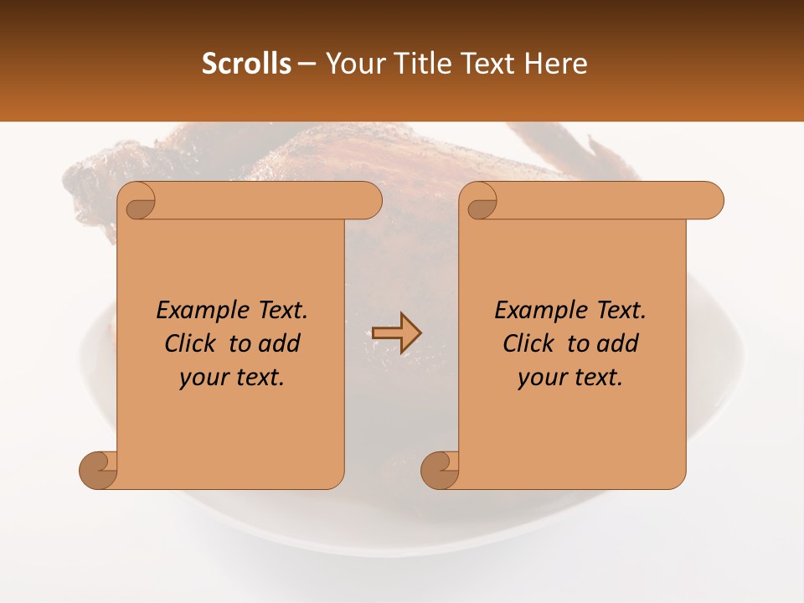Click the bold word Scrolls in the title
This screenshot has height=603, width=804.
tap(247, 64)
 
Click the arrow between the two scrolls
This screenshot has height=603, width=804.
tap(396, 333)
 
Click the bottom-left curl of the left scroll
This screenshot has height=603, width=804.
tap(99, 470)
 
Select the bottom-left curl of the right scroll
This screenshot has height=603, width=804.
tap(441, 470)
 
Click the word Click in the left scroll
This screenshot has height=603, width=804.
tap(190, 343)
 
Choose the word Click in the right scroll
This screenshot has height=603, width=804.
tap(528, 343)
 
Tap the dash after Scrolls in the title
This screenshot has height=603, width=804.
tap(307, 64)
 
